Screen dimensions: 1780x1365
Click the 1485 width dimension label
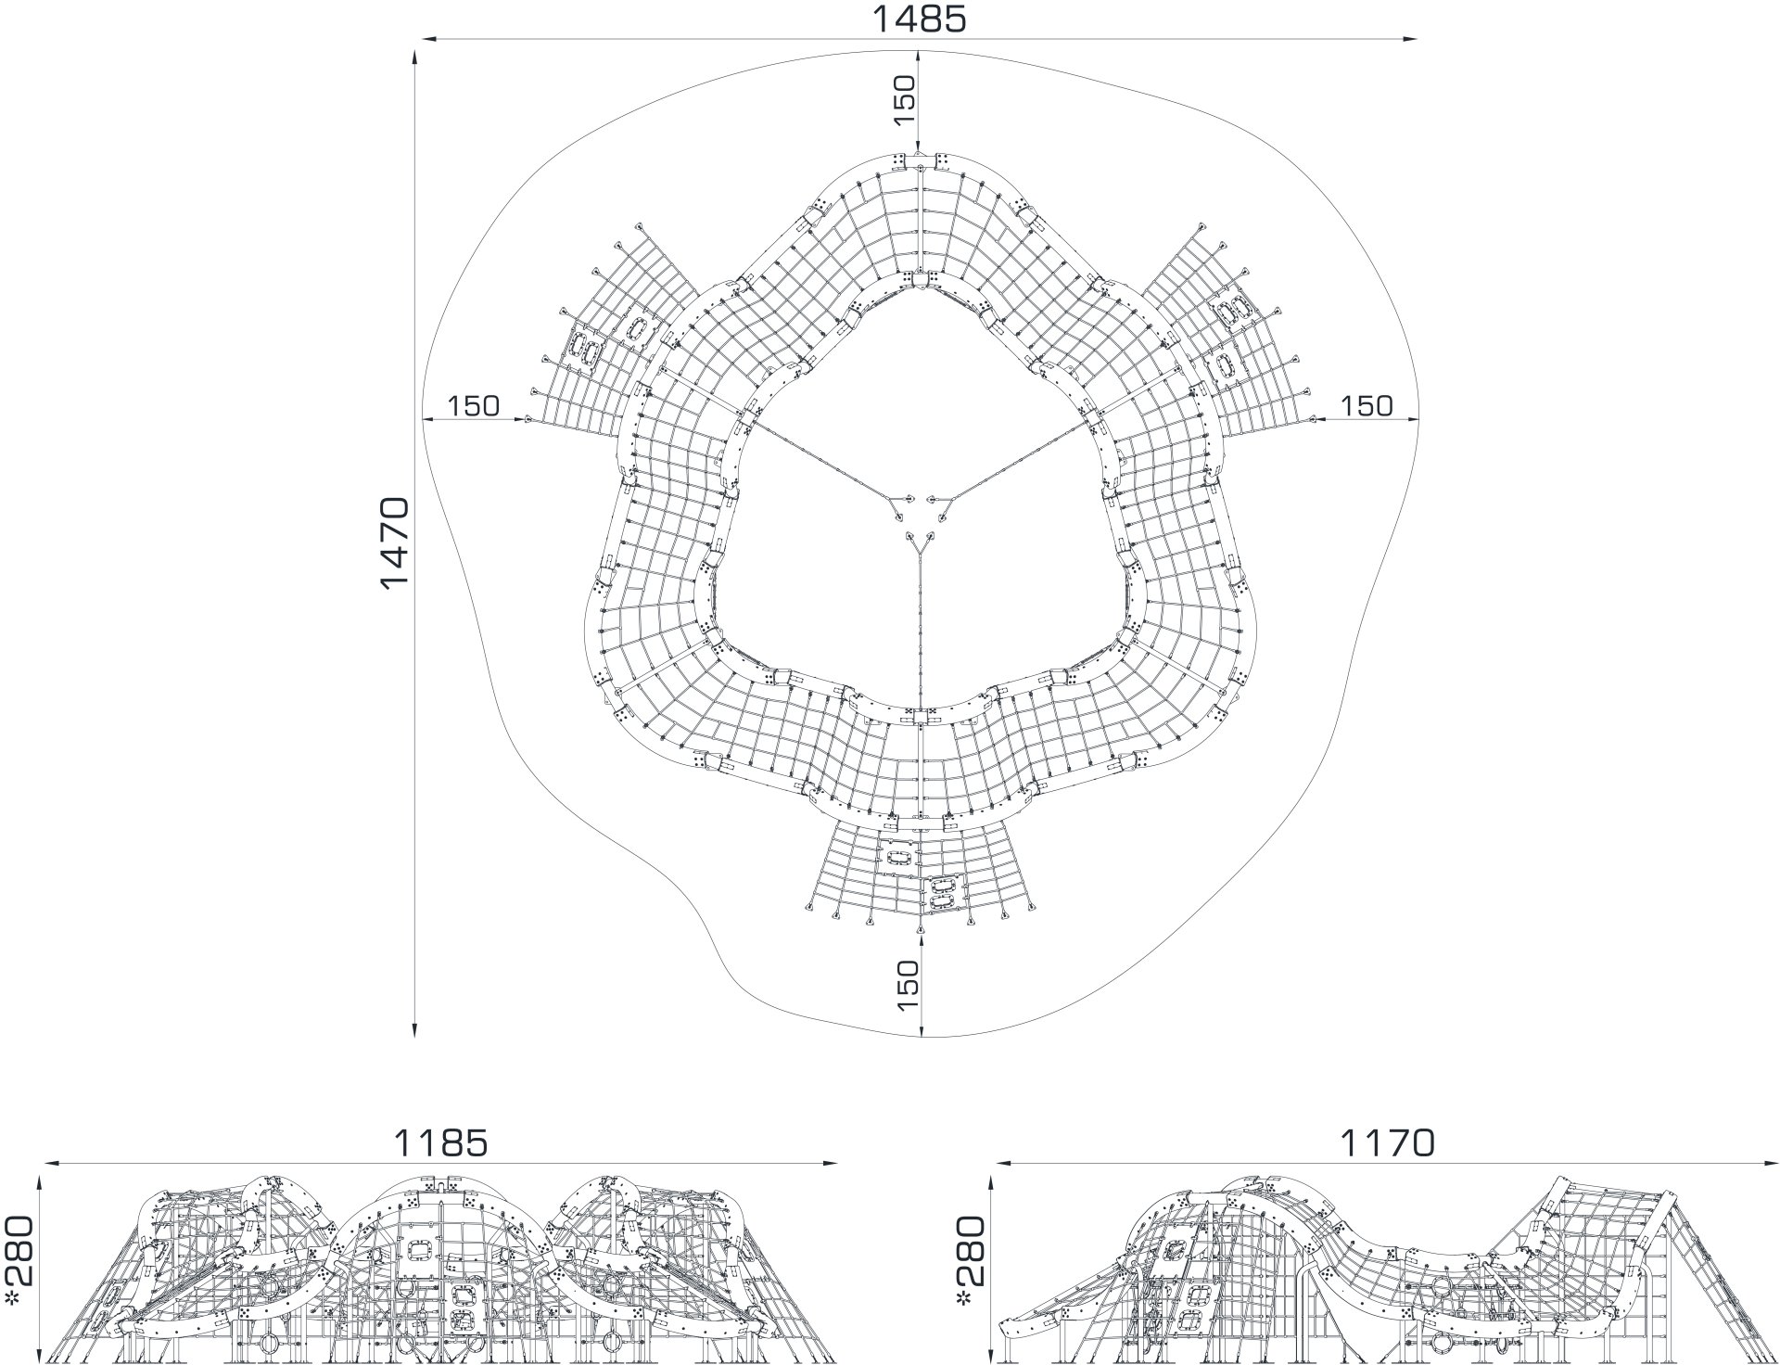(919, 19)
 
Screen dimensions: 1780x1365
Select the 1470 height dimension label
(395, 542)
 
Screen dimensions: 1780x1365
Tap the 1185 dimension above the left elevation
(441, 1142)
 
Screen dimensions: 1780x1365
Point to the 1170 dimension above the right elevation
(1387, 1142)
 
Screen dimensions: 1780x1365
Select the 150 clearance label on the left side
(473, 405)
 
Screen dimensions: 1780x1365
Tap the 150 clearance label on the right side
(1367, 405)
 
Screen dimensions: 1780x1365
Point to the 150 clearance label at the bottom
(908, 985)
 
